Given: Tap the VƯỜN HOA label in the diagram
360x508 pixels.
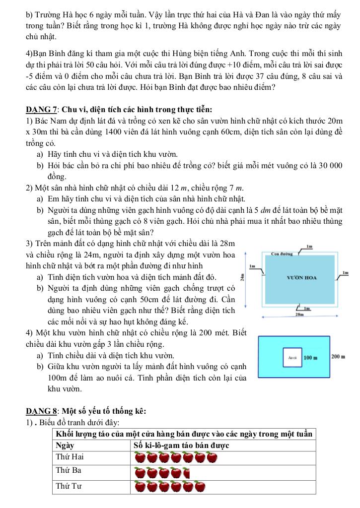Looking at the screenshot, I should [x=302, y=278].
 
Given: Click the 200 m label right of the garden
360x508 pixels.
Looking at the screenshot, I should [x=338, y=357].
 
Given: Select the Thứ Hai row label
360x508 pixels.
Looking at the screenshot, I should [x=70, y=456].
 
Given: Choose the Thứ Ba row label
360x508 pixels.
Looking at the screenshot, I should [x=69, y=469].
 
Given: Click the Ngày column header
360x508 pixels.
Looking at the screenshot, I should [x=65, y=445].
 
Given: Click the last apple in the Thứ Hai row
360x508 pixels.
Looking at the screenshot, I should [x=212, y=457].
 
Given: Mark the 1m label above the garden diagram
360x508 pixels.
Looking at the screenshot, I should [x=309, y=246].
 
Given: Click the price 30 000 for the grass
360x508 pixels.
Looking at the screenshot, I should [x=325, y=166].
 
